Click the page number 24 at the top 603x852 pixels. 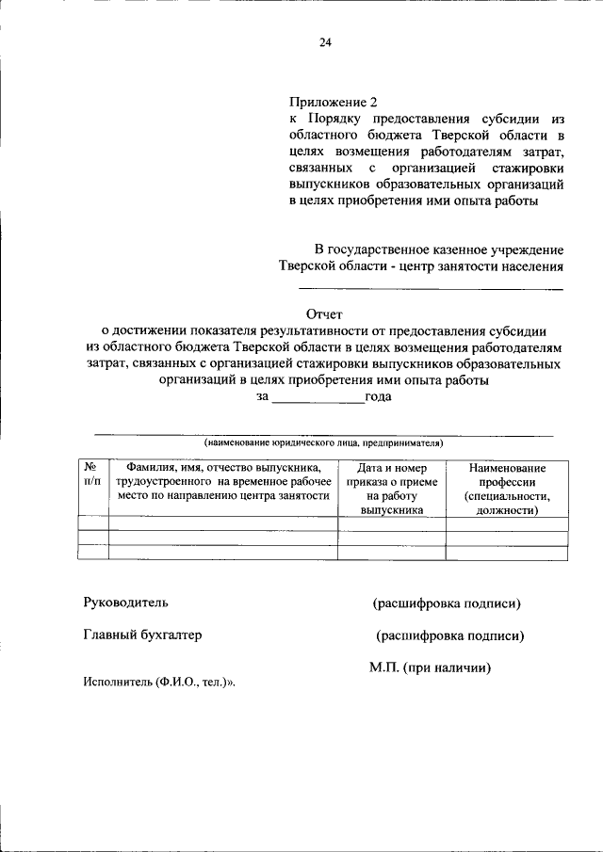point(325,42)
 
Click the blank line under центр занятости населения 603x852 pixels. point(431,288)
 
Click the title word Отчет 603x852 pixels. point(325,314)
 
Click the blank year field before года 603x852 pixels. point(318,397)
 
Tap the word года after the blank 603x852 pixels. point(379,396)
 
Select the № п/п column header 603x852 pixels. point(92,474)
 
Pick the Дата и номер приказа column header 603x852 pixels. point(392,489)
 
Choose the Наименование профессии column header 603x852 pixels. point(507,489)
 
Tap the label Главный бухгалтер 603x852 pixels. point(142,635)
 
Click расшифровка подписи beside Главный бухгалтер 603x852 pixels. point(449,636)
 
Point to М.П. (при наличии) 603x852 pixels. point(431,667)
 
